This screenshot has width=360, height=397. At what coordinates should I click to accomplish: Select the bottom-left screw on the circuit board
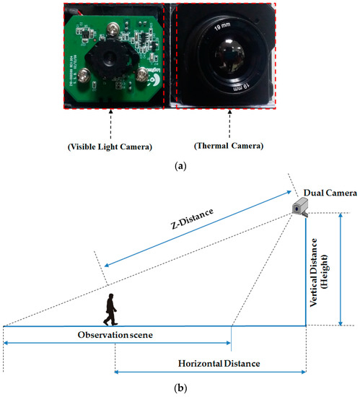point(85,74)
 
